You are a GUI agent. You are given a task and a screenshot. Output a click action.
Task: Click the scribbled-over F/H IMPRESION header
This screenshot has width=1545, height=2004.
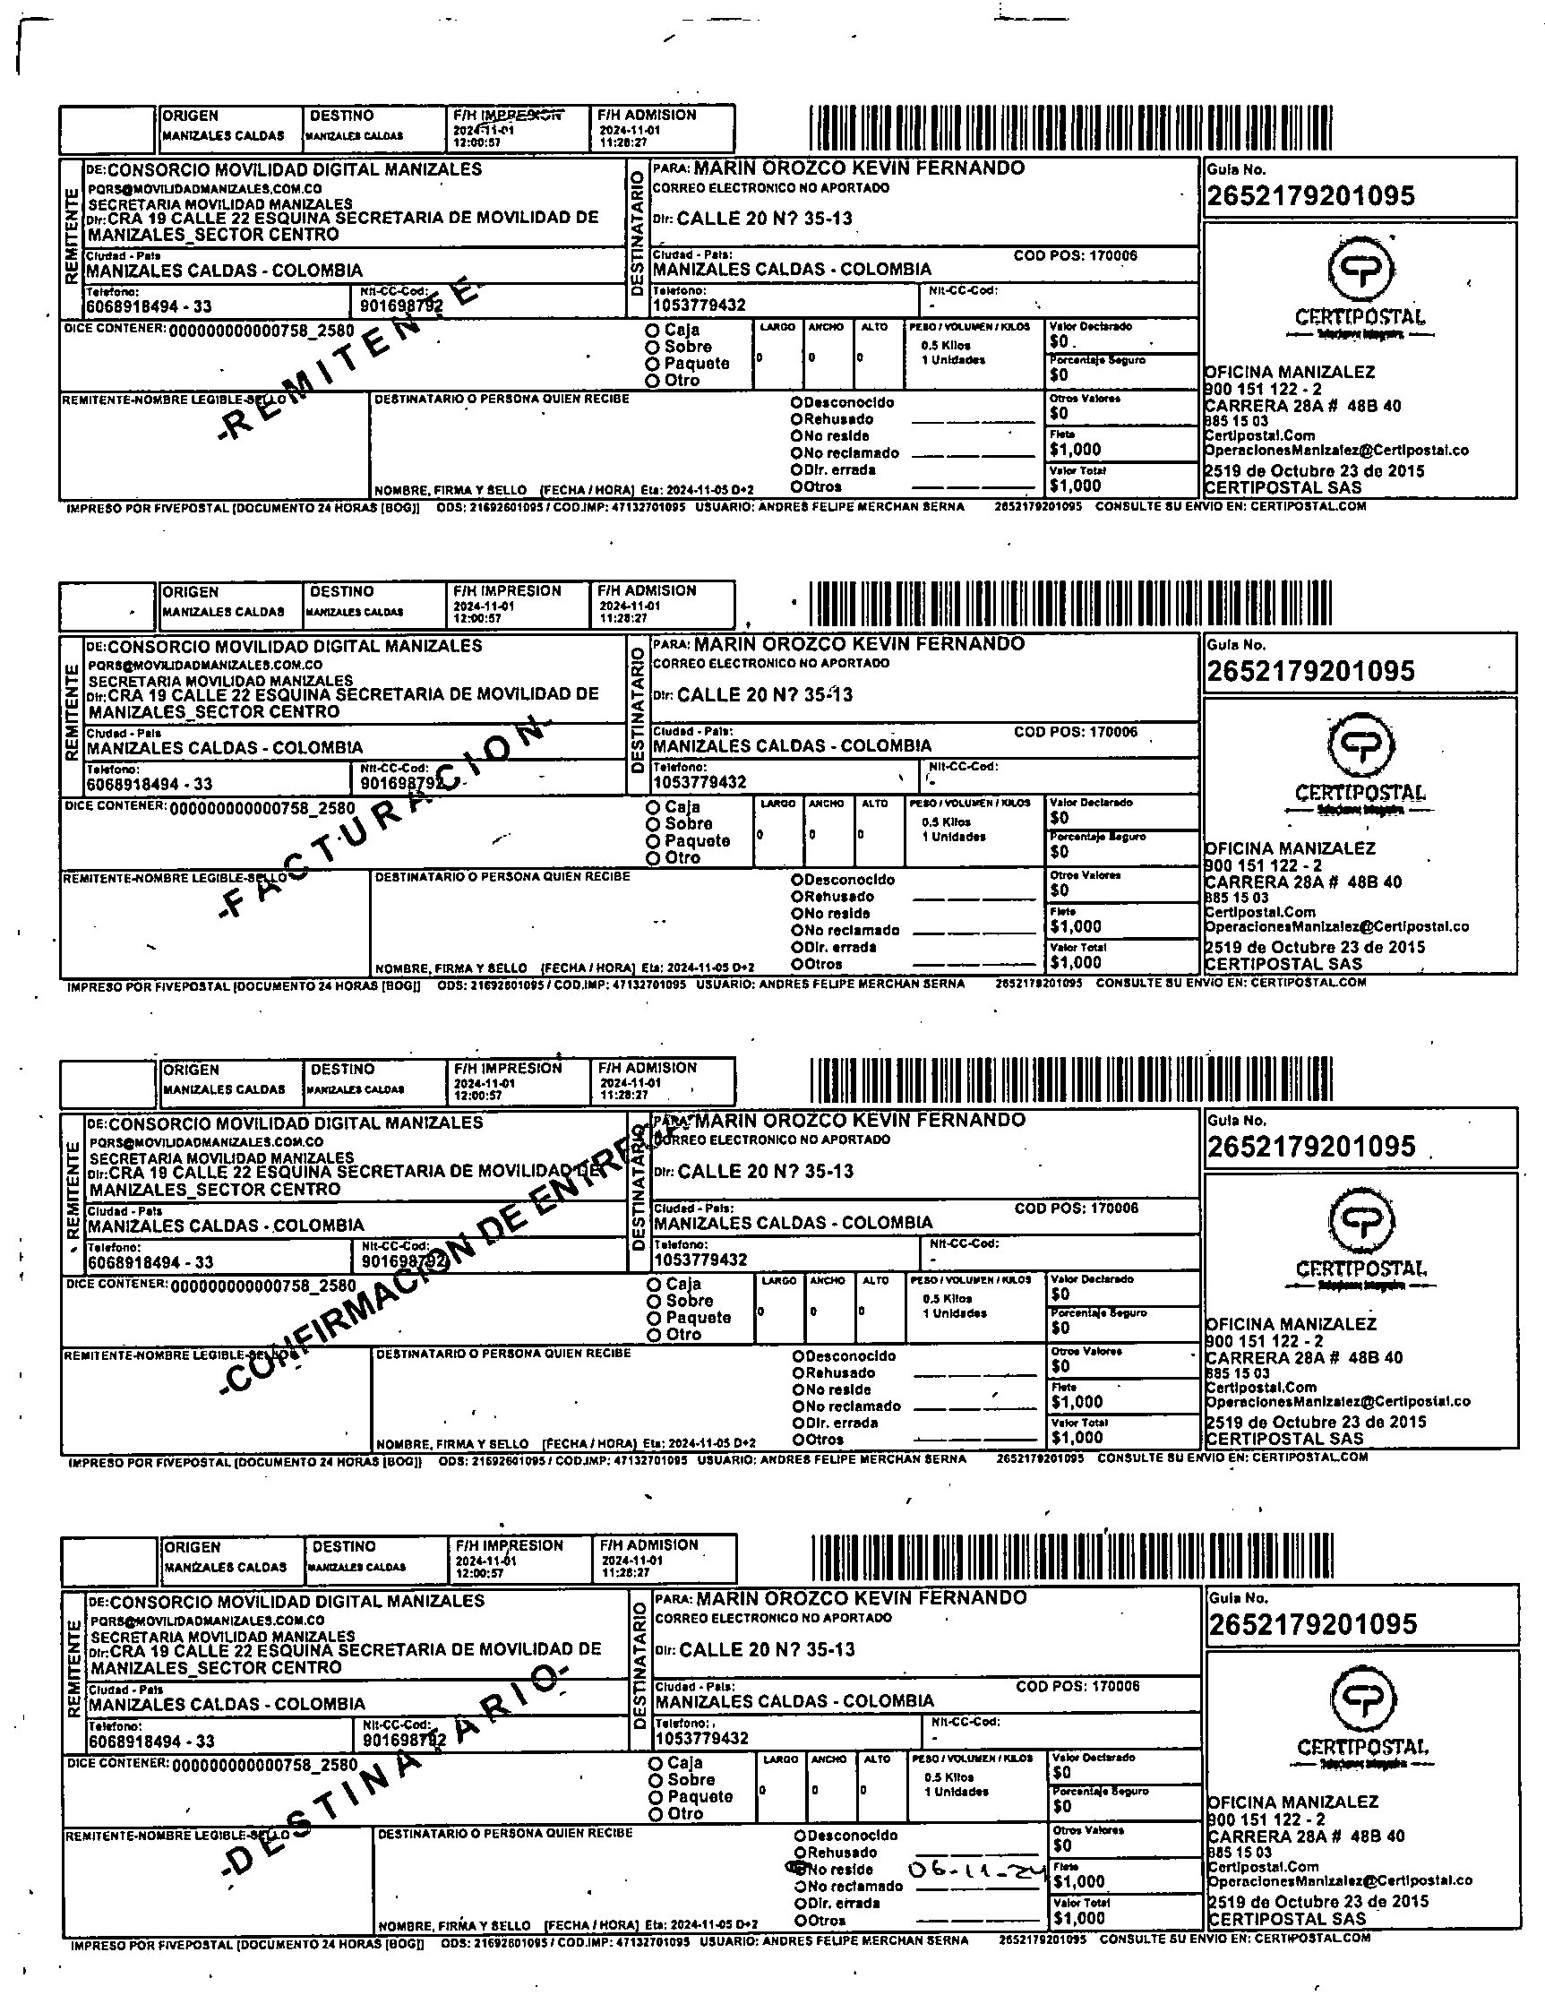(x=507, y=116)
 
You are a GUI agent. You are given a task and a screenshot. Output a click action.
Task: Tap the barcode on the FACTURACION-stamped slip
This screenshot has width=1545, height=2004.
(x=1069, y=604)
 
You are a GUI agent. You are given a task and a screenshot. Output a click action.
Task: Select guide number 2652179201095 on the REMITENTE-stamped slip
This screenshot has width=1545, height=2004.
(x=1311, y=196)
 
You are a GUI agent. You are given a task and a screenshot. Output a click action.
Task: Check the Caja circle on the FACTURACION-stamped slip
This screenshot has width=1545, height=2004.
(x=653, y=807)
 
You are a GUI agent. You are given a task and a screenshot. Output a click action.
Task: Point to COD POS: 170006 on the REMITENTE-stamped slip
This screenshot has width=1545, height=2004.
(x=1076, y=255)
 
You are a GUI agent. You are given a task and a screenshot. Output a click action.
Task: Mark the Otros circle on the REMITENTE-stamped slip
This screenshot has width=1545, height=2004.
(x=796, y=486)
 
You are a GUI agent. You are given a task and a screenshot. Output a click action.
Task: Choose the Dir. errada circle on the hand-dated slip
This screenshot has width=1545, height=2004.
(x=800, y=1903)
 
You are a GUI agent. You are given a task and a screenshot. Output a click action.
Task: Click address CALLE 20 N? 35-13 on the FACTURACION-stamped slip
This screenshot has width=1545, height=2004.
(x=764, y=694)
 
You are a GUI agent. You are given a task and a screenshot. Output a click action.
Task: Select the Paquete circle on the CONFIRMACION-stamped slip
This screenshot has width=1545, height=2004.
(x=654, y=1319)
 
